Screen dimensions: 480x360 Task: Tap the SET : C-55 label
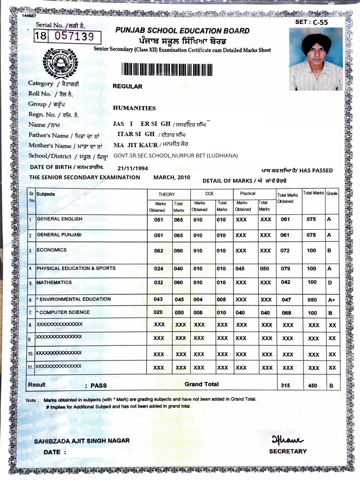point(311,22)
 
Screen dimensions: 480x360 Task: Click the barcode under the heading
point(167,68)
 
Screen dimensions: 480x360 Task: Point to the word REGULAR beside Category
point(127,86)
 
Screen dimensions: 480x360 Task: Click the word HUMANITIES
point(134,108)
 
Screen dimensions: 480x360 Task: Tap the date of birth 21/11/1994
point(133,168)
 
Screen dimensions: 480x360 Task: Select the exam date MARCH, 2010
point(172,177)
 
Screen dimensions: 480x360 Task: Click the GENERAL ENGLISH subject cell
point(60,219)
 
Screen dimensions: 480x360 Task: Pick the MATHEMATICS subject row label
point(54,283)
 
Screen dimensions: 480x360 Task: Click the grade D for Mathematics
point(330,283)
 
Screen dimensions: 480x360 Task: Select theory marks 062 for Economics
point(159,251)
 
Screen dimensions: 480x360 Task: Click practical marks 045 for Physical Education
point(240,269)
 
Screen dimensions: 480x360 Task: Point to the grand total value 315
point(285,386)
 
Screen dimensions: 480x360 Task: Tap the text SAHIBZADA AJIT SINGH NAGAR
point(82,441)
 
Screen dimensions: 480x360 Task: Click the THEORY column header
point(166,194)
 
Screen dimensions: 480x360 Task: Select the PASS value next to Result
point(98,386)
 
